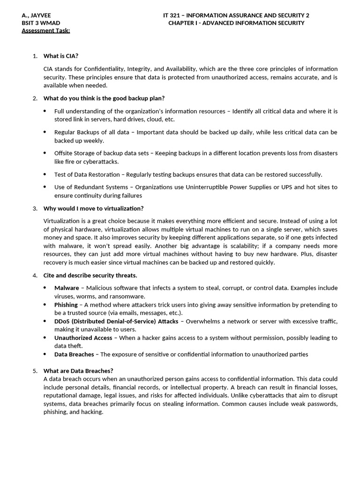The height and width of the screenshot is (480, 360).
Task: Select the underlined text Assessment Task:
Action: tap(46, 30)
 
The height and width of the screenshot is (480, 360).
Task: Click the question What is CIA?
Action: tap(61, 56)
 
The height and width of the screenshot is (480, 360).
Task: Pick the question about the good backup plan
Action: tap(104, 98)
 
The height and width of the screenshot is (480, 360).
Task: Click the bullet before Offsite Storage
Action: tap(45, 153)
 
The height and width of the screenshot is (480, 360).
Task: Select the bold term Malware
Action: tap(67, 288)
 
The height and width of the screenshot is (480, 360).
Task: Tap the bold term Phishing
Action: tap(66, 305)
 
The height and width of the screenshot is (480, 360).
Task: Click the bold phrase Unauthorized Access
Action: tap(83, 337)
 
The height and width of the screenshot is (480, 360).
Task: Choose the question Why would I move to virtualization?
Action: tap(94, 208)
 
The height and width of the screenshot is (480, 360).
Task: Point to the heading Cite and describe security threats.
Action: tap(90, 275)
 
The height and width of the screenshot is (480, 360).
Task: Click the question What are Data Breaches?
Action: tap(78, 371)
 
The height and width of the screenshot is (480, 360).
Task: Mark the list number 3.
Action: tap(35, 208)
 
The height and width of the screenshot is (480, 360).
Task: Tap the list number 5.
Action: tap(35, 371)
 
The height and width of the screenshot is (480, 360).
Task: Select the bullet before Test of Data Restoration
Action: tap(45, 174)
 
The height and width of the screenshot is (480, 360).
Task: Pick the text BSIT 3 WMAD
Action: tap(41, 23)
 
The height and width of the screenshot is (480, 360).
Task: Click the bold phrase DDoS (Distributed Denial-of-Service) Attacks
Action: tap(116, 321)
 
